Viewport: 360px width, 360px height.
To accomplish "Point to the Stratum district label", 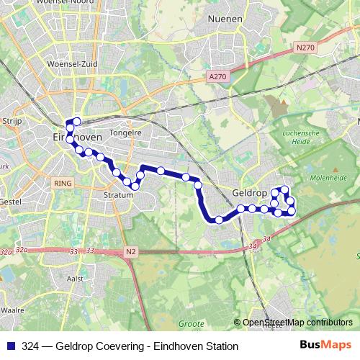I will point(119,194).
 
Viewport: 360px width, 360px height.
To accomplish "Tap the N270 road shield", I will point(305,48).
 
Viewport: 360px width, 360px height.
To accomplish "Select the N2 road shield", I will point(130,251).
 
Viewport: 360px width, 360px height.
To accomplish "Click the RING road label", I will point(62,184).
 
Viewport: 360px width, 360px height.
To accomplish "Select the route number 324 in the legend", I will point(30,346).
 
